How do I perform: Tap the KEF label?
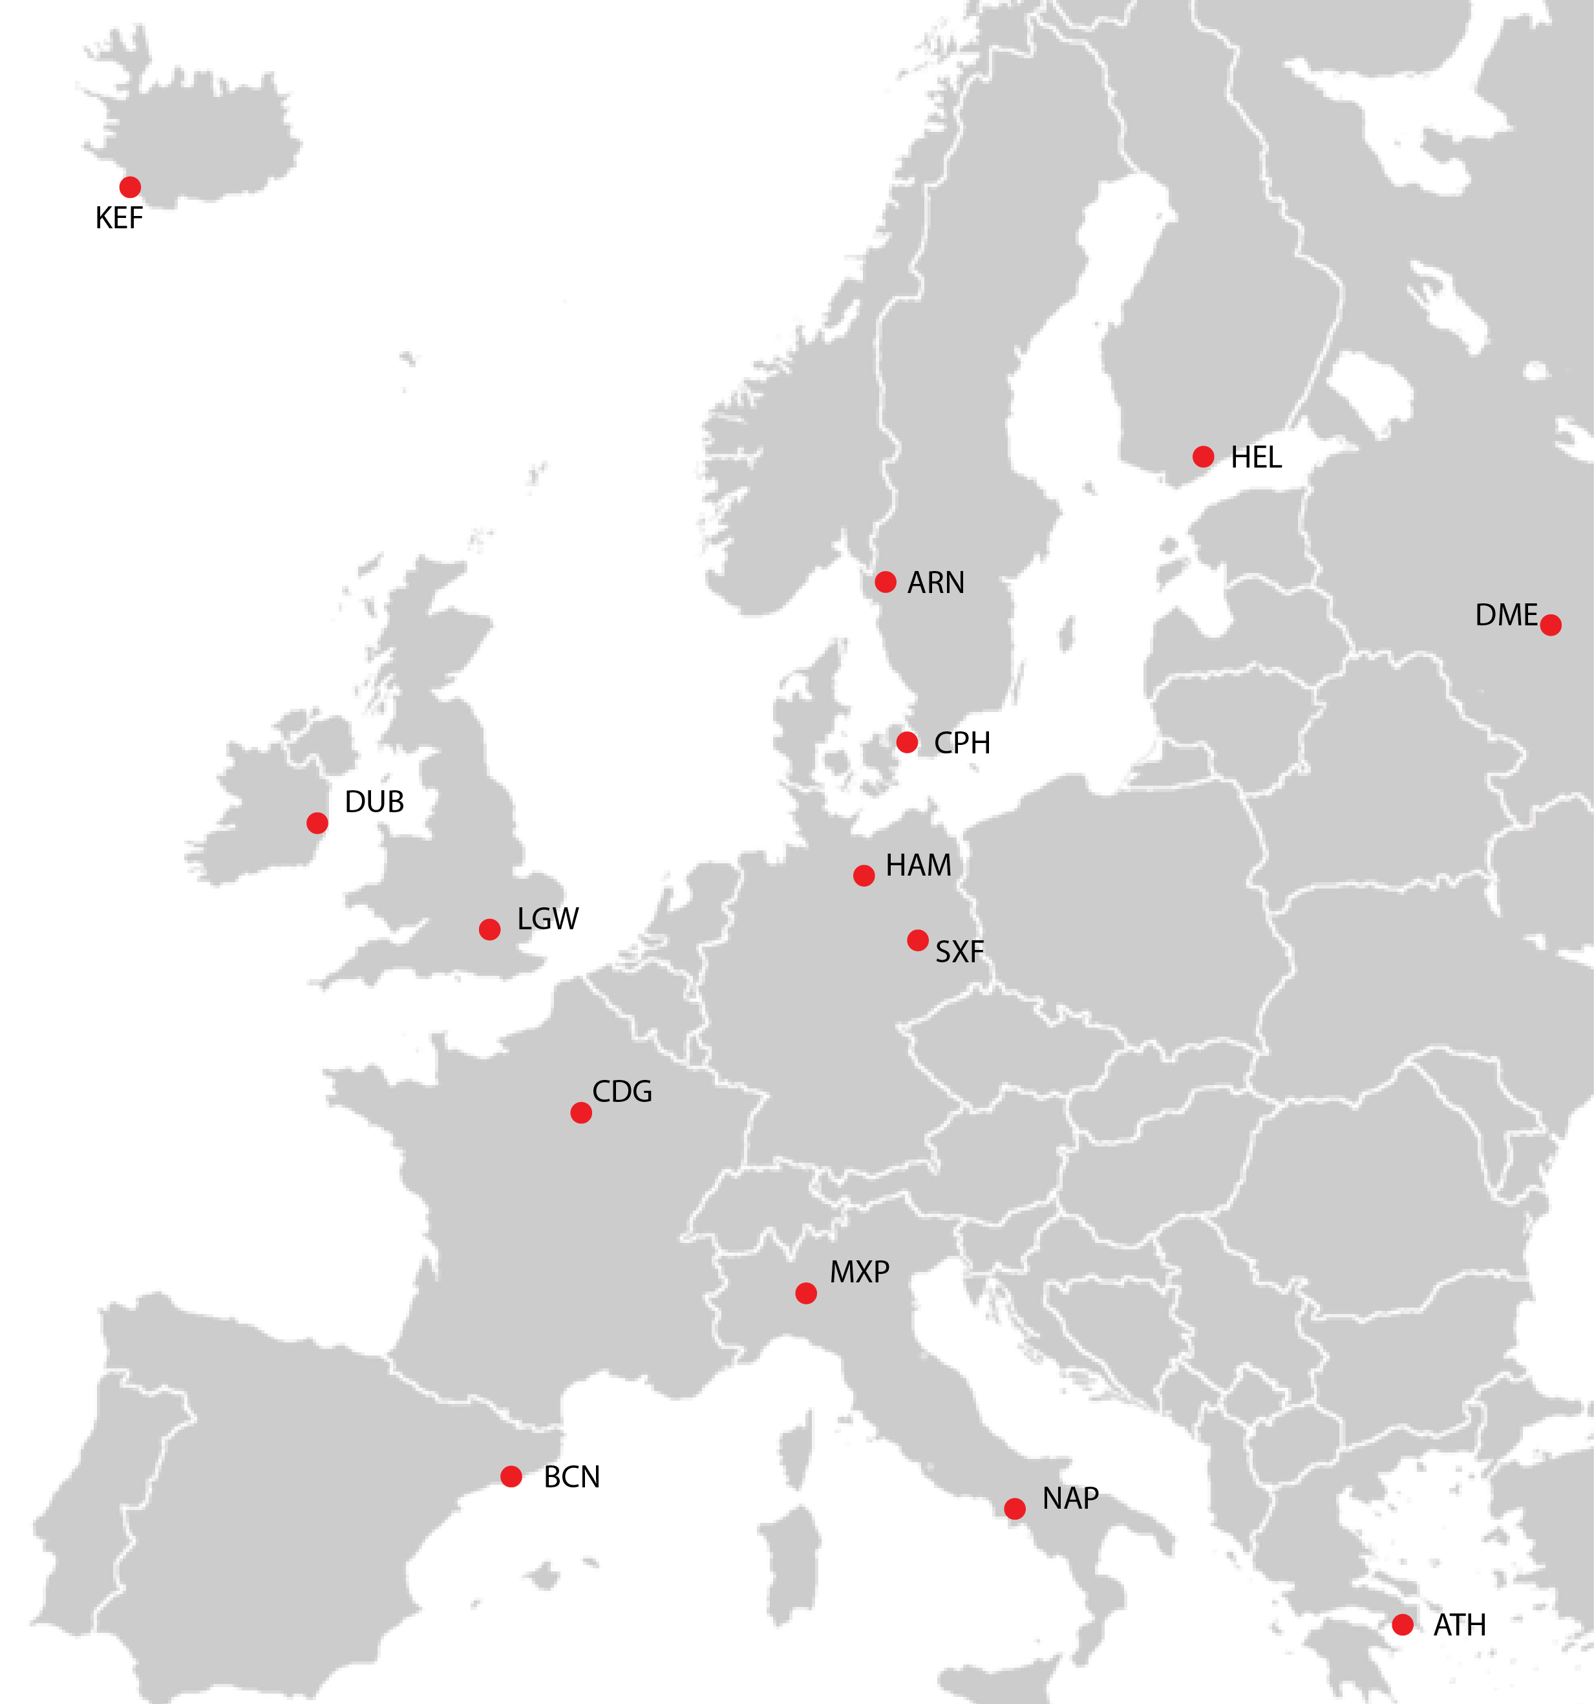pos(119,219)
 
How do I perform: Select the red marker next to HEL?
pos(1203,456)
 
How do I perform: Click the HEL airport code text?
pos(1257,458)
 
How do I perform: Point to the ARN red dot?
pos(886,582)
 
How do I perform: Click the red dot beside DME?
pos(1550,625)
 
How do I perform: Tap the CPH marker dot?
pos(907,742)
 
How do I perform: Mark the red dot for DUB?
pos(317,823)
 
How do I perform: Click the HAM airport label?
pos(919,866)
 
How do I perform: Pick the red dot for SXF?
pos(918,940)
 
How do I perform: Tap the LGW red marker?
pos(489,929)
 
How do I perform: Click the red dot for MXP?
pos(805,1293)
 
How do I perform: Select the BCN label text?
pos(571,1477)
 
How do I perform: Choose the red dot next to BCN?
pos(511,1476)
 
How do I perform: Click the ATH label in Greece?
pos(1460,1625)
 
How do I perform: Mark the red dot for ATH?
pos(1403,1624)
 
